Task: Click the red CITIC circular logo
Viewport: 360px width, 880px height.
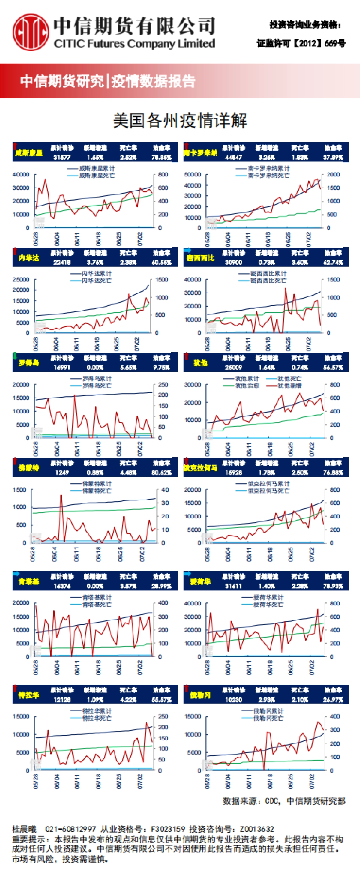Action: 31,32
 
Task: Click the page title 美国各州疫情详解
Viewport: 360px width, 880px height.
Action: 180,120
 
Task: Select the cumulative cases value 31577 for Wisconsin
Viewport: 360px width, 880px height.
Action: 62,158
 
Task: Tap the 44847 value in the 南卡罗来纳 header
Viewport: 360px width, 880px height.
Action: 234,158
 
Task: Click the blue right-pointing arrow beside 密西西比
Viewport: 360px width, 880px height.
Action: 187,251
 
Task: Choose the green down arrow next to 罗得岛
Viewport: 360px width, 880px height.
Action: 15,356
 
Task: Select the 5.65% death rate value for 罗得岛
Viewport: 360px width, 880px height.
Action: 128,368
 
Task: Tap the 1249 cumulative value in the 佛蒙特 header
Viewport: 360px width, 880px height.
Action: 62,473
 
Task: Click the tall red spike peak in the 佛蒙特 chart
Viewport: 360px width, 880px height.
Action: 61,495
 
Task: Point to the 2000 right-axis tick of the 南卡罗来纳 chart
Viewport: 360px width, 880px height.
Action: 333,175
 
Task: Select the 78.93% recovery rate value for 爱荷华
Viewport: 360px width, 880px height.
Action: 333,586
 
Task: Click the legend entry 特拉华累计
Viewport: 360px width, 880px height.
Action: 97,711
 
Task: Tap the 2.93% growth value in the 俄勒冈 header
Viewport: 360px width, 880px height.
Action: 266,700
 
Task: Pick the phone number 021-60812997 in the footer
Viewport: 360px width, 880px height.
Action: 70,829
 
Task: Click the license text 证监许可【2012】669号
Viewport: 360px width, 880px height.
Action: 301,44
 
